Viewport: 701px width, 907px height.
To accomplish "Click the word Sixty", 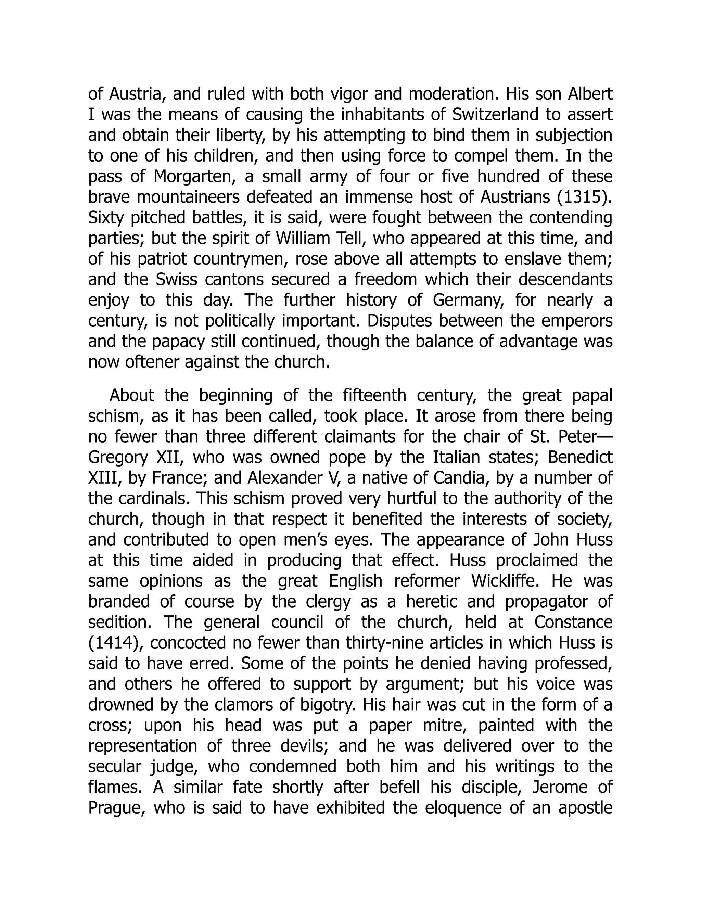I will pyautogui.click(x=106, y=218).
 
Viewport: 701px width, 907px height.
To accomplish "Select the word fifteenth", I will pyautogui.click(x=374, y=395).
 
